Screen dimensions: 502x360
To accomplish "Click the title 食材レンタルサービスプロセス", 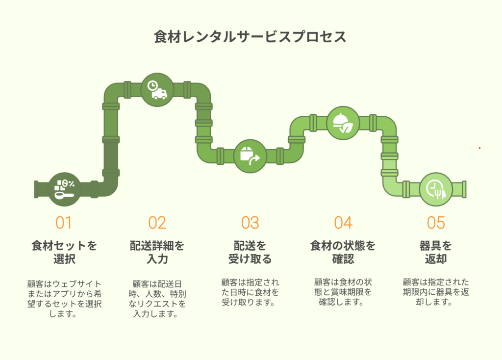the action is click(250, 37).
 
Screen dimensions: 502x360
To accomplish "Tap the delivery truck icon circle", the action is click(157, 90).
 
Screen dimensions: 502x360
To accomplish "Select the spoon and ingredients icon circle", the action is click(64, 189).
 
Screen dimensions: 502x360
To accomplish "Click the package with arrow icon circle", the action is click(250, 156).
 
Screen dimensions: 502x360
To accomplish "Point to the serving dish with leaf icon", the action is click(343, 123).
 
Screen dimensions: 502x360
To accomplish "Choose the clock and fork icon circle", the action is click(436, 189).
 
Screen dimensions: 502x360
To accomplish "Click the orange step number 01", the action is click(63, 223).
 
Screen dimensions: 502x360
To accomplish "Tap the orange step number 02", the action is click(157, 223).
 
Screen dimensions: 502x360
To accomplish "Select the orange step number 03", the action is click(250, 223).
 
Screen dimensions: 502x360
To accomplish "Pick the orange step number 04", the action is click(343, 223).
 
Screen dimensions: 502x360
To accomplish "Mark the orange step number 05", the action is click(436, 223).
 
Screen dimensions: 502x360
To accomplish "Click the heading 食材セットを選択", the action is click(64, 253).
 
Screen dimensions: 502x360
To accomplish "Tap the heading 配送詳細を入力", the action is click(157, 253).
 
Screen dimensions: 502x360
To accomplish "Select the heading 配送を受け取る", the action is click(250, 253).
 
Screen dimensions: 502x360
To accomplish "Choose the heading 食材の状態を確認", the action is click(343, 253).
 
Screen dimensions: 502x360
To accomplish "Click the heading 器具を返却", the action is click(436, 253).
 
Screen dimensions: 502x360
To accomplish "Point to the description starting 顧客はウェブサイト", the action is click(64, 299).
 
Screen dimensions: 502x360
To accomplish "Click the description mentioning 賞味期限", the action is click(343, 292).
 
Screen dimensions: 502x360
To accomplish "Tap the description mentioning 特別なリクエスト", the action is click(157, 299).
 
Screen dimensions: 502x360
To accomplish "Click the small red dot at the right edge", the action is click(479, 148).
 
